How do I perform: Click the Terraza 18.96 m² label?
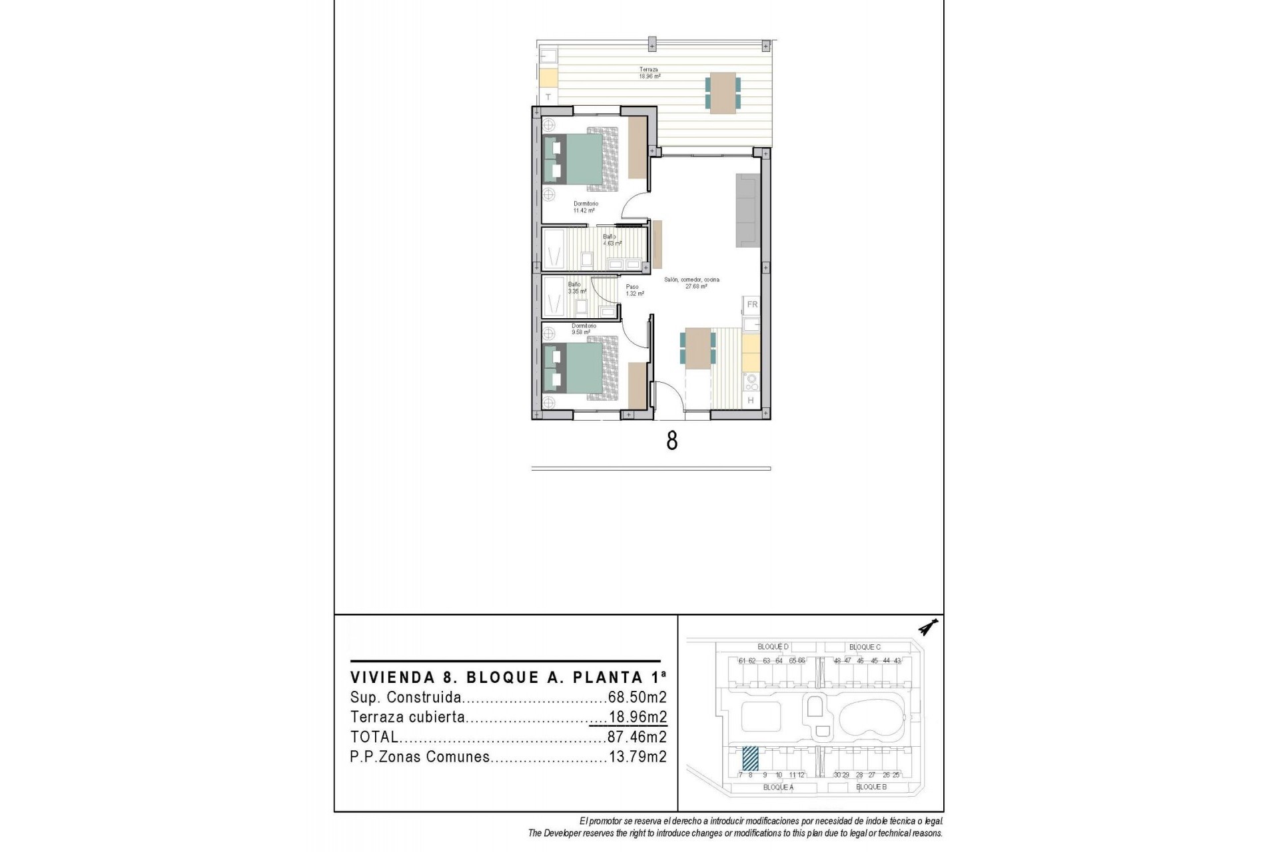coord(649,73)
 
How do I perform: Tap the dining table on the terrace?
coord(723,93)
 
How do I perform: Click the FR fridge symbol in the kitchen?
coord(752,305)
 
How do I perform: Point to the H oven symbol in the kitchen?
coord(751,401)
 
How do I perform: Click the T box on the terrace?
coord(548,97)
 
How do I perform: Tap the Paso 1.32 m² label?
coord(634,290)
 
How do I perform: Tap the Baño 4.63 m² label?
coord(612,240)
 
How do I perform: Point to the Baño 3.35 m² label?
coord(577,288)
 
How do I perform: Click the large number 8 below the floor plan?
coord(671,441)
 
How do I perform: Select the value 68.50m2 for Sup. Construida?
coord(637,698)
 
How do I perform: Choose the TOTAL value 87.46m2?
coord(637,738)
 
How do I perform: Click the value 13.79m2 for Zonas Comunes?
coord(637,757)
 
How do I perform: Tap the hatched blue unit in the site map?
coord(750,757)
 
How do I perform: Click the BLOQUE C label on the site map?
coord(865,647)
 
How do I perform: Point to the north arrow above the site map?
coord(927,627)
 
